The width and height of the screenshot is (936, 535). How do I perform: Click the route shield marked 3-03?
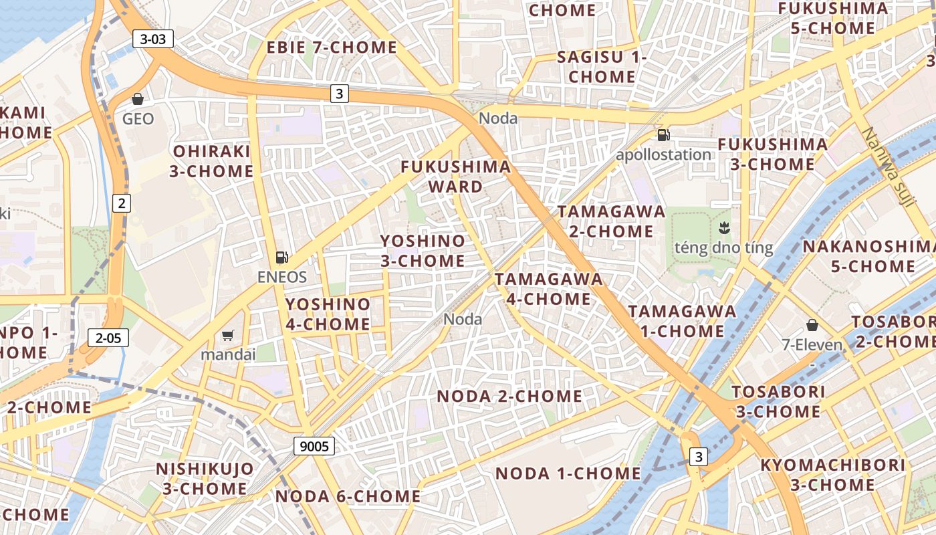pyautogui.click(x=153, y=39)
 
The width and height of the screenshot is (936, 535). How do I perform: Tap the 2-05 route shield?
pyautogui.click(x=108, y=338)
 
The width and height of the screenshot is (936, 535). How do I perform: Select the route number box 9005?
pyautogui.click(x=314, y=446)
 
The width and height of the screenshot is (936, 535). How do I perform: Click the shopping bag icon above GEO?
pyautogui.click(x=138, y=99)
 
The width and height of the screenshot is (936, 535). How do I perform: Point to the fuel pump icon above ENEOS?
pyautogui.click(x=282, y=257)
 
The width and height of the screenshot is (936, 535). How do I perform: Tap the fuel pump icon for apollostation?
pyautogui.click(x=663, y=135)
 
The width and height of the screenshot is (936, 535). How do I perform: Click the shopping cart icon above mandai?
pyautogui.click(x=228, y=335)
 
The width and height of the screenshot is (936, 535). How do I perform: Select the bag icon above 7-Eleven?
pyautogui.click(x=812, y=325)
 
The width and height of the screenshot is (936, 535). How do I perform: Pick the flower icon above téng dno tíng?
pyautogui.click(x=723, y=228)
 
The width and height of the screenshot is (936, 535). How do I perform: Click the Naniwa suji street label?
pyautogui.click(x=887, y=167)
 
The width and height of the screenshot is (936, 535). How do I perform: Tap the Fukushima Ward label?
pyautogui.click(x=456, y=177)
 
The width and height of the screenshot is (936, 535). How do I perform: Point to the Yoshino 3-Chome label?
pyautogui.click(x=423, y=251)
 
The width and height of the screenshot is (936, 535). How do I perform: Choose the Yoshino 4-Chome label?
pyautogui.click(x=328, y=314)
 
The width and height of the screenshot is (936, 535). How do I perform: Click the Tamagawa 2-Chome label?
pyautogui.click(x=612, y=221)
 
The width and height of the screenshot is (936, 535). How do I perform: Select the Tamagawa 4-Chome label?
pyautogui.click(x=548, y=289)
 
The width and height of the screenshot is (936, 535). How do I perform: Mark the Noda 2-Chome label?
pyautogui.click(x=509, y=396)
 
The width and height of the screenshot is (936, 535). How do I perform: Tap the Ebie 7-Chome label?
pyautogui.click(x=332, y=47)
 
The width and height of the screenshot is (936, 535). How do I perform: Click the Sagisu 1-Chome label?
pyautogui.click(x=602, y=67)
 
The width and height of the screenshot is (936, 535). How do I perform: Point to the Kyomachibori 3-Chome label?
pyautogui.click(x=832, y=475)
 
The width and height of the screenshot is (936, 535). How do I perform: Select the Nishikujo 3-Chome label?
pyautogui.click(x=205, y=479)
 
